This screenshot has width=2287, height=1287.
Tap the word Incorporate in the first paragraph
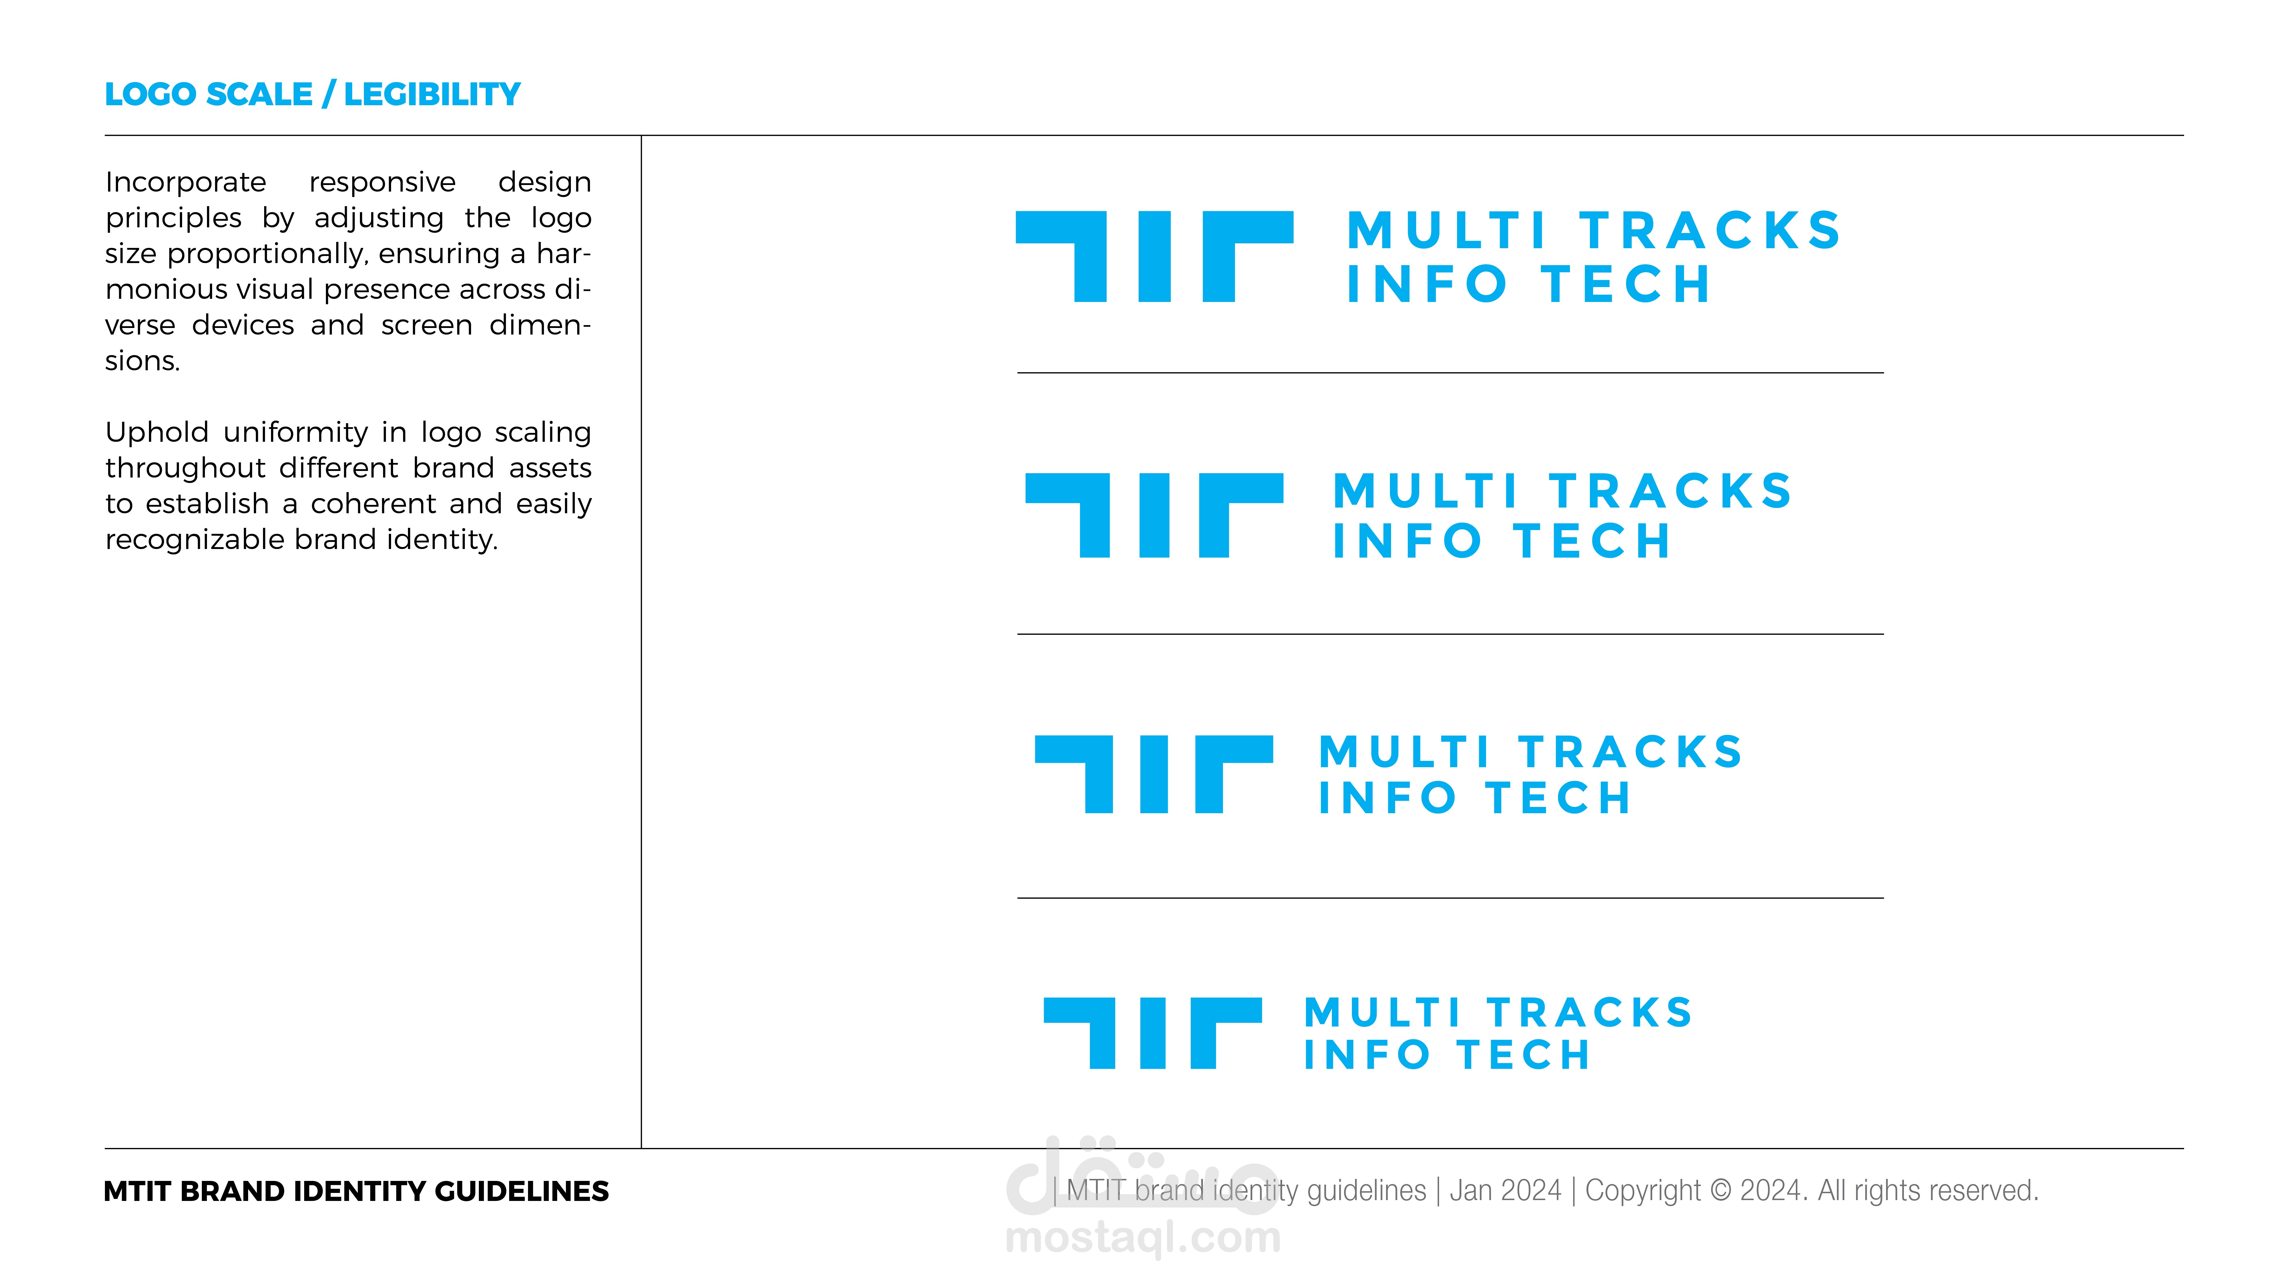186,182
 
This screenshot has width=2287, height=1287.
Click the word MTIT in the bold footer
138,1191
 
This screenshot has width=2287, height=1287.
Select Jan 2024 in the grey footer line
1505,1190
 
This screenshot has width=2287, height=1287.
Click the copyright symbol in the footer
1720,1190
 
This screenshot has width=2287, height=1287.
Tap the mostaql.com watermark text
1143,1237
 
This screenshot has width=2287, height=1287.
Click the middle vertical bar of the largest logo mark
1154,257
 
